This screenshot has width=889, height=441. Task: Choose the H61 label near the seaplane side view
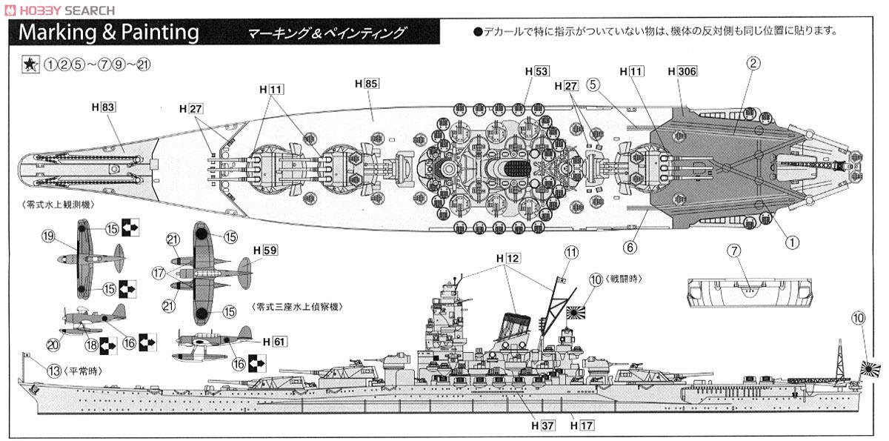tap(274, 342)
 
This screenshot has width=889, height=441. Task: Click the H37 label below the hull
tap(543, 426)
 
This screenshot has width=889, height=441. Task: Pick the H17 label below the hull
tap(584, 426)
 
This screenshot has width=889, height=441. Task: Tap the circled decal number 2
tap(752, 63)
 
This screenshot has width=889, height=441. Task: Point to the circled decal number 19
tap(49, 236)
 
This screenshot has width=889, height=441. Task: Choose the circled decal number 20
tap(51, 344)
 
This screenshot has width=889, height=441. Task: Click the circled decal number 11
tap(570, 252)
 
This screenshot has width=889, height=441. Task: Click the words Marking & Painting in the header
tap(109, 33)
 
